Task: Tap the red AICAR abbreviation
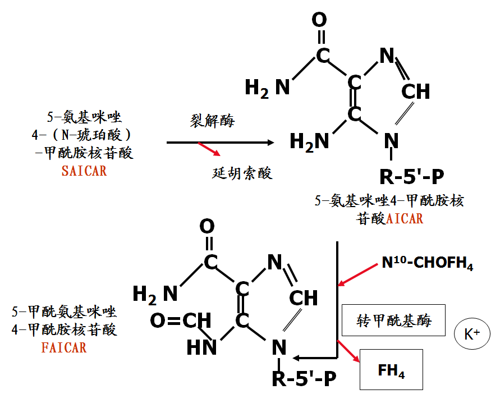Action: coord(405,218)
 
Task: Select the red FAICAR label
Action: coord(64,348)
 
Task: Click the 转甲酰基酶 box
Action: coord(393,320)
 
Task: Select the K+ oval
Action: coord(470,334)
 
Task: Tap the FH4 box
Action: coord(391,370)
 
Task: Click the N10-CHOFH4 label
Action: coord(428,264)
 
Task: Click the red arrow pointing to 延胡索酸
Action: coord(209,149)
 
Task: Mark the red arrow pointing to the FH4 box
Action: coord(348,351)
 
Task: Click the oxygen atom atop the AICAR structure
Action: coord(319,20)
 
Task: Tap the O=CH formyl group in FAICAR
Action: coord(181,321)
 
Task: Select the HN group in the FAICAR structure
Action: coord(201,347)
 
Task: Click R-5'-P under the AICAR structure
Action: coord(412,176)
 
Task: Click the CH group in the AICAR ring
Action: coord(416,91)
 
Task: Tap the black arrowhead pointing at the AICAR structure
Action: coord(270,143)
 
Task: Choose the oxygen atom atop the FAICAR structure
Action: coord(207,226)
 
